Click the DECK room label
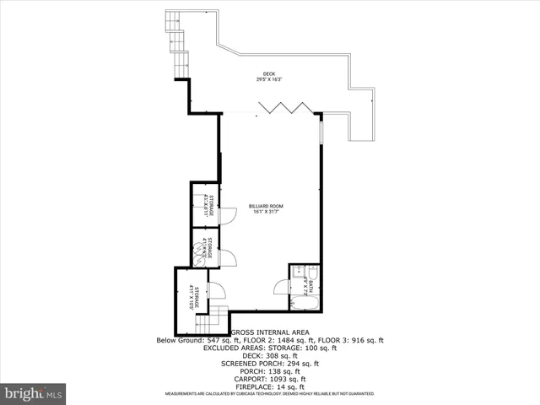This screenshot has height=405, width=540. [269, 74]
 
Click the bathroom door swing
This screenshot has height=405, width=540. [281, 289]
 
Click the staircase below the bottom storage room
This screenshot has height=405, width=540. [218, 319]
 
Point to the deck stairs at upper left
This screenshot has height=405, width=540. [178, 42]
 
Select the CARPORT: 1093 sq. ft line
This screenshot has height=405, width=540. [270, 379]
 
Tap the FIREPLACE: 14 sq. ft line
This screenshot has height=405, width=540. [270, 386]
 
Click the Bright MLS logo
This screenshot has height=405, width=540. [33, 393]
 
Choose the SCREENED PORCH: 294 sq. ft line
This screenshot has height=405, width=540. [270, 364]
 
